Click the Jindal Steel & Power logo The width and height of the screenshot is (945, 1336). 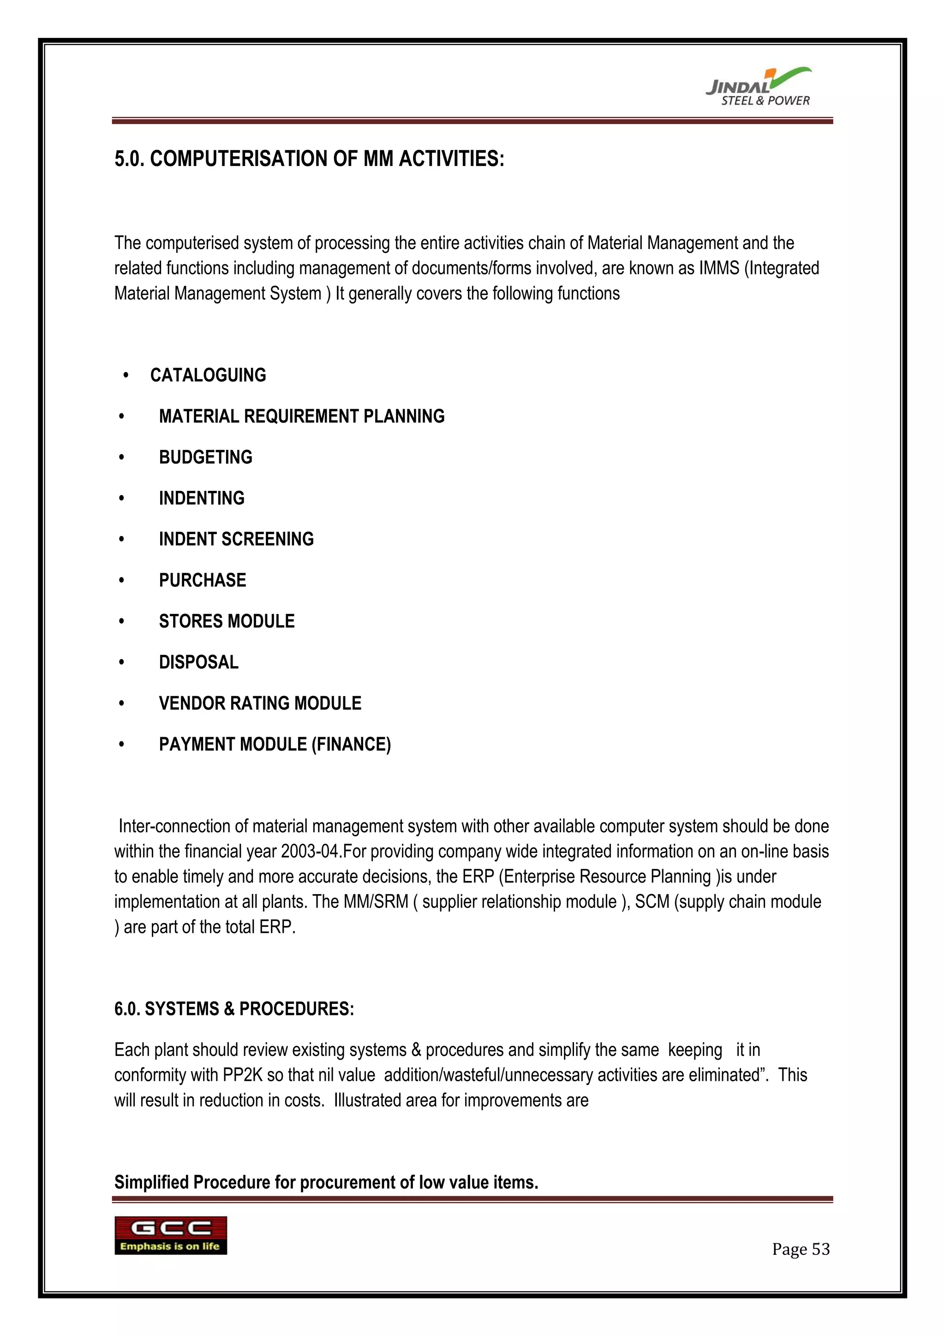(759, 87)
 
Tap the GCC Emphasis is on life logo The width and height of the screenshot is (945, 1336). (170, 1235)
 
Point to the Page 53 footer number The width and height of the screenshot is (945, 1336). (800, 1249)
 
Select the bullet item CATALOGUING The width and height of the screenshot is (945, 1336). (208, 376)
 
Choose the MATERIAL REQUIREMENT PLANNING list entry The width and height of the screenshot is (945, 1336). (301, 416)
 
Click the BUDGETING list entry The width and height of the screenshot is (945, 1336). (205, 457)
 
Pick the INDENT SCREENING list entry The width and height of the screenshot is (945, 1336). (236, 539)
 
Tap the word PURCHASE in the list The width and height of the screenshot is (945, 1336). (203, 580)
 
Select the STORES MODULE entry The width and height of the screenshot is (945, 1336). (227, 621)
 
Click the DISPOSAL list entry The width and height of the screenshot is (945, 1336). (198, 662)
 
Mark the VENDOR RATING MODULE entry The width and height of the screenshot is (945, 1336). (260, 703)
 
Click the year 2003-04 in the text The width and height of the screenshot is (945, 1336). (310, 851)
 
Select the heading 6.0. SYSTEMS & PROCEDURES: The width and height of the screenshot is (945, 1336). (234, 1008)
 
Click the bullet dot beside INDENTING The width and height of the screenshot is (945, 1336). (122, 499)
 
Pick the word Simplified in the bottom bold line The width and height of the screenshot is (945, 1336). (151, 1182)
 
